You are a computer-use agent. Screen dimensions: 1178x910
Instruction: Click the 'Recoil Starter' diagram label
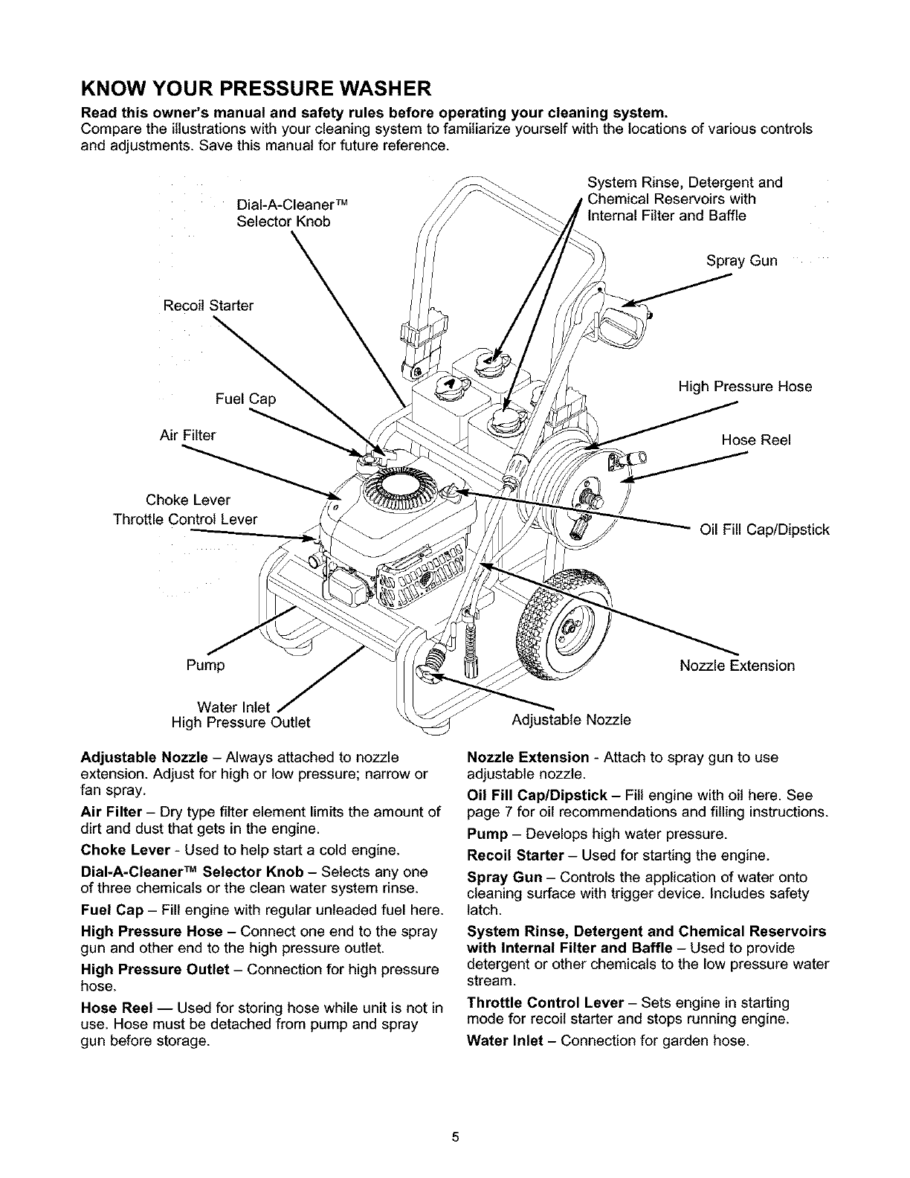(x=208, y=306)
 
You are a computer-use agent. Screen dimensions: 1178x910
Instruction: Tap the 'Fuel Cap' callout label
(x=245, y=399)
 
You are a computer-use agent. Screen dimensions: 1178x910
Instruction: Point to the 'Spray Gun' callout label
(x=741, y=261)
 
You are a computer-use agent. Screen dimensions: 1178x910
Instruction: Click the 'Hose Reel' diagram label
(x=756, y=440)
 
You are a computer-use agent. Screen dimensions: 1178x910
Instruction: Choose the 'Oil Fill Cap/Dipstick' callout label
(x=764, y=530)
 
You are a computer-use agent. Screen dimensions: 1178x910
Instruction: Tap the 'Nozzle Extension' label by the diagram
(x=737, y=666)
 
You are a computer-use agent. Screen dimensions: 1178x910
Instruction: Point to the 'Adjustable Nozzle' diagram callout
(x=571, y=720)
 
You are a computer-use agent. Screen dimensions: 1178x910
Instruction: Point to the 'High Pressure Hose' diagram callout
(x=744, y=387)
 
